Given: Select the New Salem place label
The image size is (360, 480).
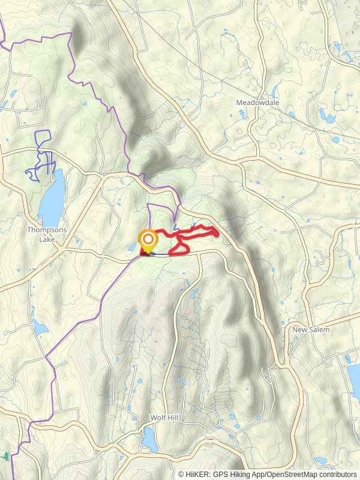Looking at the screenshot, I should pyautogui.click(x=311, y=330).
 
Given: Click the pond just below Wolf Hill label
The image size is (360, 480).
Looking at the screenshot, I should pyautogui.click(x=149, y=442).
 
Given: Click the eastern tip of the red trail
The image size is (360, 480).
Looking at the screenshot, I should pyautogui.click(x=217, y=232).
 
